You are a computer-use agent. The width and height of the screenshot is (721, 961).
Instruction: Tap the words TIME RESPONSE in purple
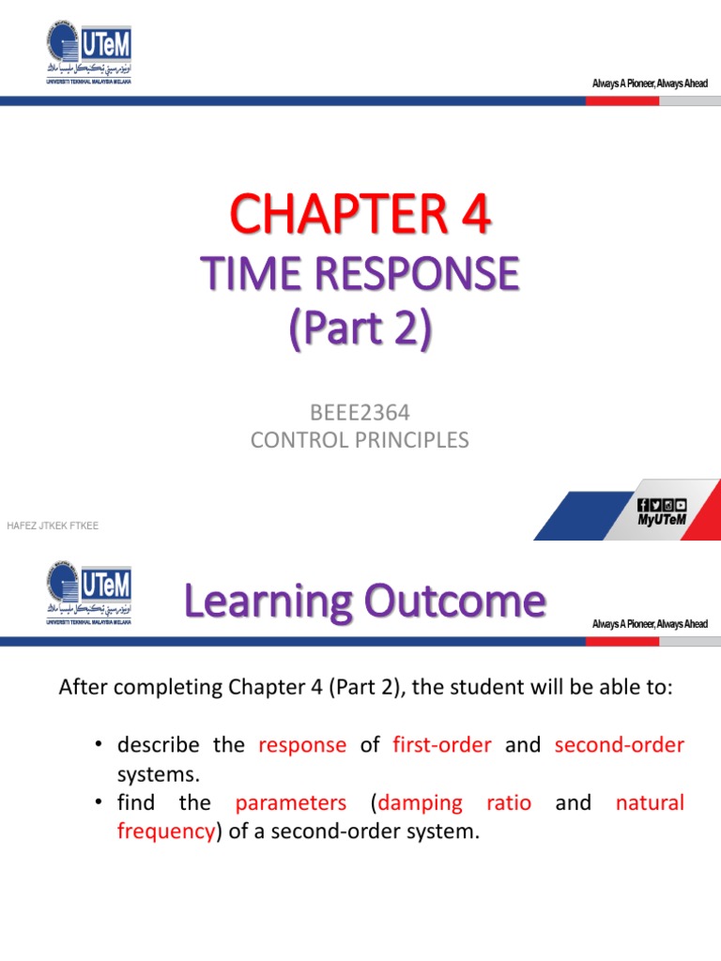(x=360, y=275)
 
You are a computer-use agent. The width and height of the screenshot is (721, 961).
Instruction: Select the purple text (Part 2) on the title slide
(x=360, y=329)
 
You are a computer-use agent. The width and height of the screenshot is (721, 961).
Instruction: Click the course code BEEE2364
(x=360, y=412)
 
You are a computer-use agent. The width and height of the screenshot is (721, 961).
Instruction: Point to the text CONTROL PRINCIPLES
(x=360, y=439)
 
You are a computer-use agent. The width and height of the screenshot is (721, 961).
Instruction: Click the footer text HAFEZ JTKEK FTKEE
(x=53, y=526)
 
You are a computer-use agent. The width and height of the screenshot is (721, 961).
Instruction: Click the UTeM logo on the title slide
(x=88, y=54)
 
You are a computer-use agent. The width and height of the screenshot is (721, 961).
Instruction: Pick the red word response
(x=302, y=745)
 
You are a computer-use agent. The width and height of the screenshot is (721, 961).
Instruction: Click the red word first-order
(x=441, y=745)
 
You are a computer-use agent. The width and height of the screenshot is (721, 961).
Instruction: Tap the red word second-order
(x=619, y=745)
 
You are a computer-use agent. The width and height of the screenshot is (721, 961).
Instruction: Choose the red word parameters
(x=290, y=803)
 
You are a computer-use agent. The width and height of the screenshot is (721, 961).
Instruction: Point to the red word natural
(x=650, y=803)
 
